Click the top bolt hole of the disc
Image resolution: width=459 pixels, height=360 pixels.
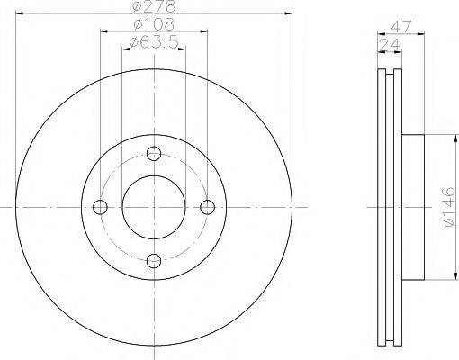(154, 152)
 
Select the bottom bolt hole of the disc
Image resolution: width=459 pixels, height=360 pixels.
(154, 262)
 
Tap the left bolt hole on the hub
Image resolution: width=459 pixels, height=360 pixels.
(99, 207)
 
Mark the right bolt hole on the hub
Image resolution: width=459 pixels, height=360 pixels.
(209, 207)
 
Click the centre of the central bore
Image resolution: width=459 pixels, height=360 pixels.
(154, 207)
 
